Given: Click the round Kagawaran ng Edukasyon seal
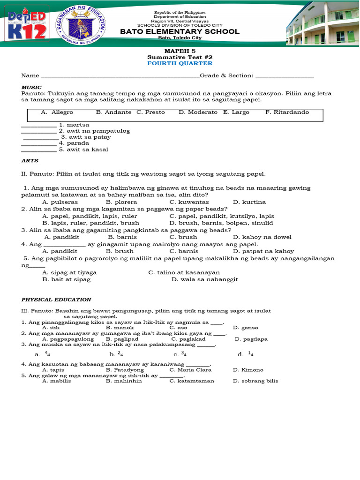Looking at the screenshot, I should tap(80, 25).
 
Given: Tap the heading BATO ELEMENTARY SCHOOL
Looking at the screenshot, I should tap(180, 31).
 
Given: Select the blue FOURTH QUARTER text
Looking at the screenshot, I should tap(180, 63).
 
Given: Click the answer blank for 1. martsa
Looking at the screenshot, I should tap(39, 126).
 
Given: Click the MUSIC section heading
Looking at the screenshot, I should tap(31, 88).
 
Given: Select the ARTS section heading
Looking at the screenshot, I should tap(30, 160).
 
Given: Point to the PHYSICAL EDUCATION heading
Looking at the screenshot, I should tap(56, 300).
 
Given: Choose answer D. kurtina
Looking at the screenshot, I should tap(249, 202).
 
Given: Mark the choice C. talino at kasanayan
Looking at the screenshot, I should tap(184, 272).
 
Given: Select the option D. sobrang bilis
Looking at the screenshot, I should tap(255, 381).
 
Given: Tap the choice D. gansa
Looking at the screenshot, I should tap(246, 328).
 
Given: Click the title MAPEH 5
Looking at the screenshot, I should tap(180, 50).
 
